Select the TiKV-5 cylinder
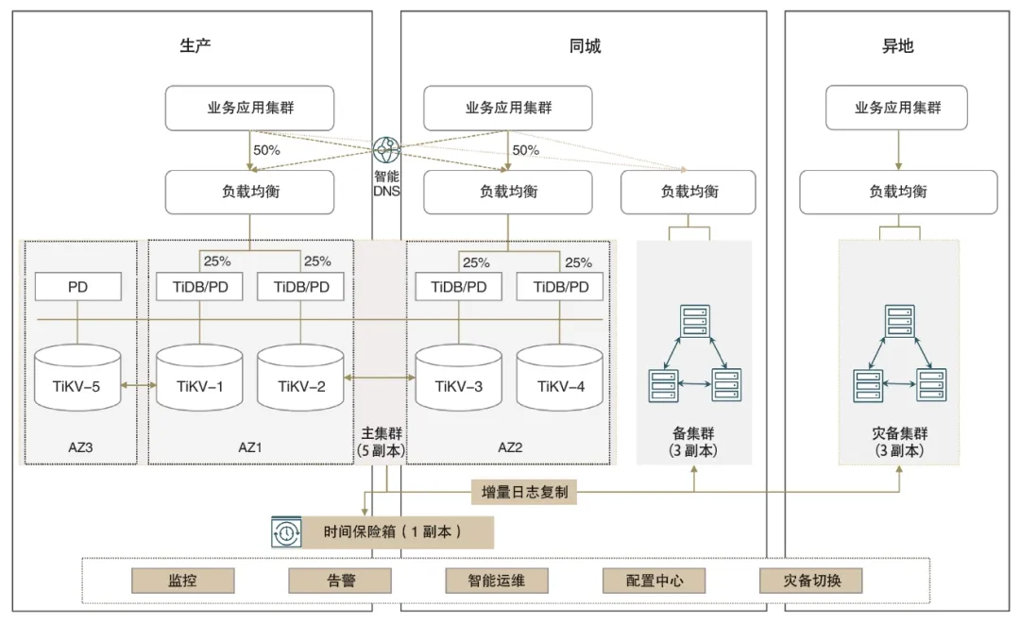click(77, 378)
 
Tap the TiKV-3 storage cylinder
click(459, 378)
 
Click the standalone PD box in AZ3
click(77, 287)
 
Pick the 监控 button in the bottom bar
click(182, 581)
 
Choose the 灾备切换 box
click(811, 581)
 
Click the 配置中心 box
click(654, 581)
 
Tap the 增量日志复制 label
click(524, 492)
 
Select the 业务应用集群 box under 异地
click(897, 109)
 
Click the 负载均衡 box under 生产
click(249, 192)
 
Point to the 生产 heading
click(195, 46)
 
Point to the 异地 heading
click(897, 46)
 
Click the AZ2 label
click(510, 446)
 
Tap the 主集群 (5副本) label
click(381, 441)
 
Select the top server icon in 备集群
click(694, 321)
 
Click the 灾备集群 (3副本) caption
click(899, 441)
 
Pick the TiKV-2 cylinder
click(300, 378)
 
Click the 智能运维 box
click(497, 581)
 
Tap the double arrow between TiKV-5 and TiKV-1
click(139, 385)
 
